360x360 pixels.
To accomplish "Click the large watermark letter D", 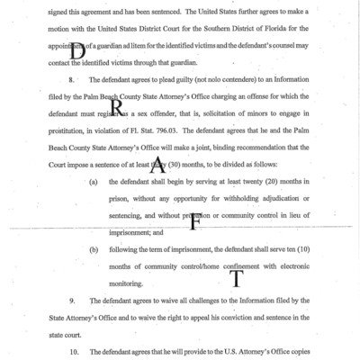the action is coord(78,50).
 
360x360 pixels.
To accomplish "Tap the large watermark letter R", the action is coord(117,107).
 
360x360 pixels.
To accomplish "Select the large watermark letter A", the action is coord(157,164).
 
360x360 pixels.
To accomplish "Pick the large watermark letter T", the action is coord(236,279).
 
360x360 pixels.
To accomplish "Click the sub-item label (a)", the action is coord(94,182).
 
